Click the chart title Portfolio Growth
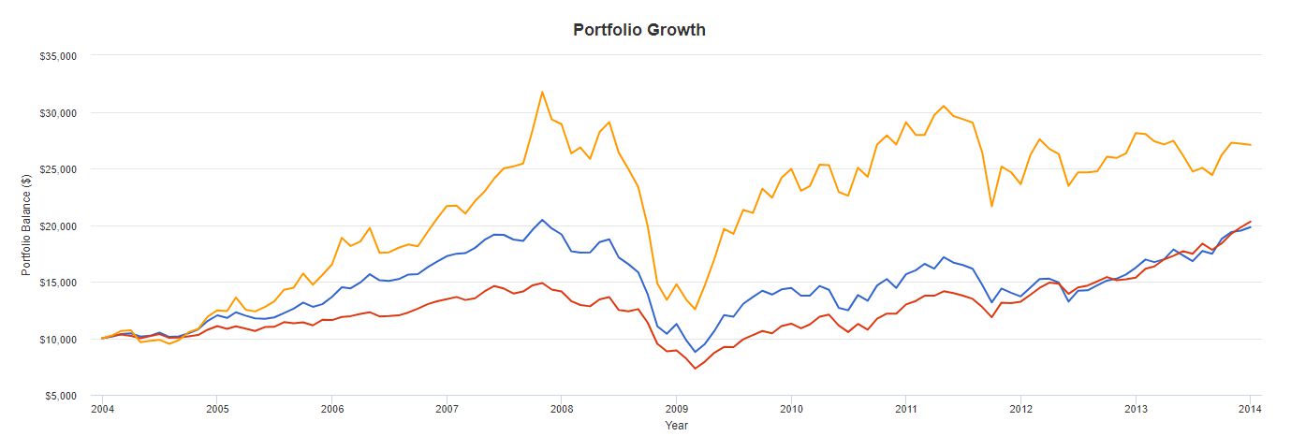point(639,30)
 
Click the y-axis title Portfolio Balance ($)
point(28,225)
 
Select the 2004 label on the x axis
point(102,409)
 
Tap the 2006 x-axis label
point(331,409)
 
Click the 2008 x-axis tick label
point(562,409)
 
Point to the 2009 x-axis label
point(676,409)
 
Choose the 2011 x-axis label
point(905,409)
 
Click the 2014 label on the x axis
point(1250,409)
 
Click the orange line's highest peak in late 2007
point(542,92)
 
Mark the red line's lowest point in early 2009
point(696,369)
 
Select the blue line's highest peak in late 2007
point(542,220)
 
